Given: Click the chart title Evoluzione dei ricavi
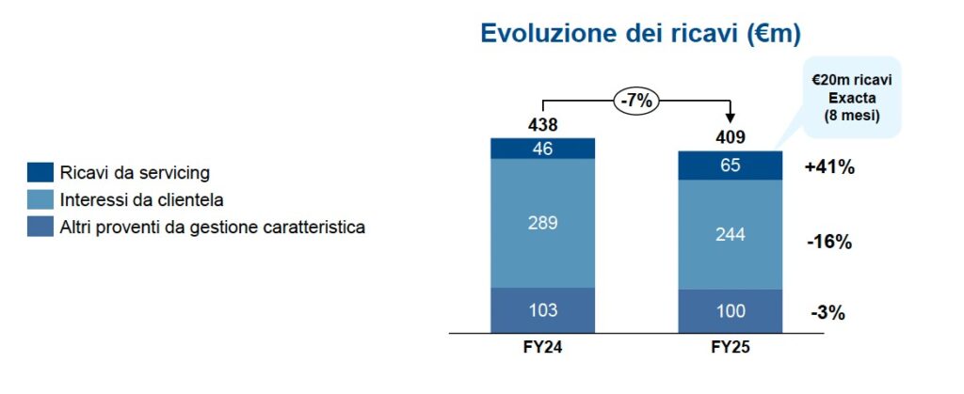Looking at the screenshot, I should pyautogui.click(x=640, y=34).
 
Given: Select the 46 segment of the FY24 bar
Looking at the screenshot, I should pyautogui.click(x=543, y=148).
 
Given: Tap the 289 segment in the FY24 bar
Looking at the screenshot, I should pyautogui.click(x=543, y=224).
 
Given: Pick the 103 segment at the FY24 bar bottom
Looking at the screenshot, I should pyautogui.click(x=543, y=310).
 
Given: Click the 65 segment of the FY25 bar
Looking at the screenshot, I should pyautogui.click(x=731, y=165).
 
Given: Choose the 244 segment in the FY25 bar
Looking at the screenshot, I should pyautogui.click(x=731, y=234).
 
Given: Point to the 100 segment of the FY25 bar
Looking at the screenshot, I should pyautogui.click(x=731, y=311).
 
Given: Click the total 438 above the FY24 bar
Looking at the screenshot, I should pyautogui.click(x=543, y=125).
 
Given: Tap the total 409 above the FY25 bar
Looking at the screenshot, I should pyautogui.click(x=731, y=137).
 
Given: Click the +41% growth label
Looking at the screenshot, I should pyautogui.click(x=828, y=168).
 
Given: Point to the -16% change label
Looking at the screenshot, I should pyautogui.click(x=828, y=242).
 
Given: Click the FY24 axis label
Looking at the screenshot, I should pyautogui.click(x=543, y=346).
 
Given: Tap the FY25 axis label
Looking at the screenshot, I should pyautogui.click(x=731, y=346).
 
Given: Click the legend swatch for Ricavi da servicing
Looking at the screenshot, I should pyautogui.click(x=40, y=173).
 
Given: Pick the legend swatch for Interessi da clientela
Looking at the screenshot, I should pyautogui.click(x=40, y=200).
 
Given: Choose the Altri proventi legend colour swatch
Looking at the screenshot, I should pyautogui.click(x=40, y=227).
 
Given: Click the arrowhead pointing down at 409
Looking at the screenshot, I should pyautogui.click(x=731, y=118).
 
